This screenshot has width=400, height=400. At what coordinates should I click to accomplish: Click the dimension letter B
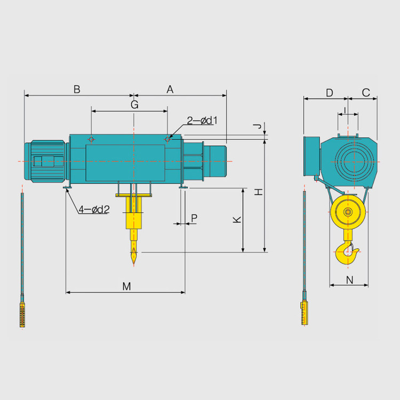77,89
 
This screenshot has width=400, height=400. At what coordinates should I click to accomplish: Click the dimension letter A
170,89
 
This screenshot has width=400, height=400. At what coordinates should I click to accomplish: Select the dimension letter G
134,105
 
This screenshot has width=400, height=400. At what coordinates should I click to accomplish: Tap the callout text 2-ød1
202,121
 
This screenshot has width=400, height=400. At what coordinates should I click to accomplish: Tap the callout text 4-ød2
94,210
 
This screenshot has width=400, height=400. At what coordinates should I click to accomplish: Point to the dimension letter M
126,286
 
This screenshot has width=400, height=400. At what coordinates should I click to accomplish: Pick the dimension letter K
237,220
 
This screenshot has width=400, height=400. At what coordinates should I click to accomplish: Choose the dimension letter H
259,192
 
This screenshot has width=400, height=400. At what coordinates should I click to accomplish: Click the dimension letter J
258,126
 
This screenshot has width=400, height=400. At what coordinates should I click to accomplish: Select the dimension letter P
194,218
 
